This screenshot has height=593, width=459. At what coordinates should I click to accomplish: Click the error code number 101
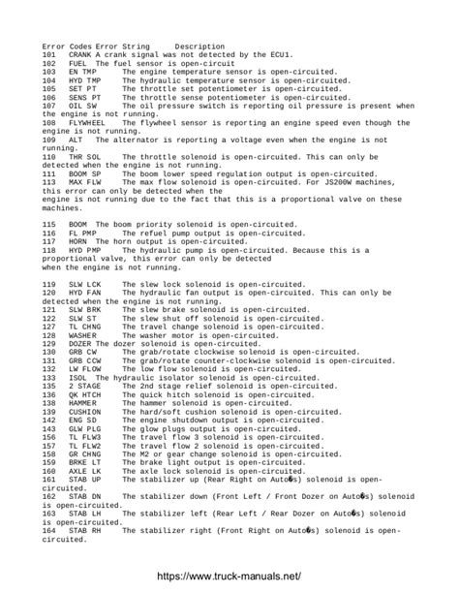coord(49,54)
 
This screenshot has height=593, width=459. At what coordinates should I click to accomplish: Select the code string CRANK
coord(80,54)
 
